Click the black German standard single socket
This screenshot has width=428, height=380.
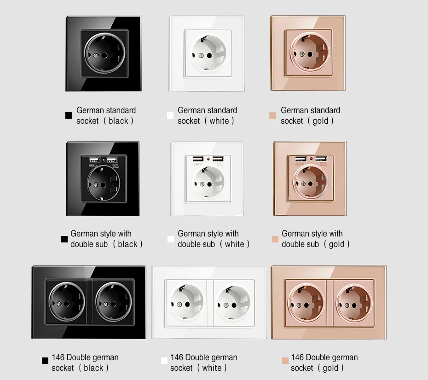[104, 53]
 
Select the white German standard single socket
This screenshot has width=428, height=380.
[207, 53]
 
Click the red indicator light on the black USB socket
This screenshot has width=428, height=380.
[104, 160]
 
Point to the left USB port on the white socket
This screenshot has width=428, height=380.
[198, 159]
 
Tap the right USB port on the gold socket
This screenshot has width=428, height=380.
[321, 159]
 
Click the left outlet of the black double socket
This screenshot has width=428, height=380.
[67, 302]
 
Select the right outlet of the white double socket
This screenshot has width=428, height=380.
[233, 302]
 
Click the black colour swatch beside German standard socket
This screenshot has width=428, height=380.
[69, 115]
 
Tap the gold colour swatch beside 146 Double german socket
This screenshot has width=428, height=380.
[285, 361]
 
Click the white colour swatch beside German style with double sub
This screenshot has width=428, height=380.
[171, 239]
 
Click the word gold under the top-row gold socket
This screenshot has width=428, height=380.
[320, 121]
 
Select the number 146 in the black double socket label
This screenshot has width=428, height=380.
[58, 357]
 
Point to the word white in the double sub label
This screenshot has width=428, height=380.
[234, 244]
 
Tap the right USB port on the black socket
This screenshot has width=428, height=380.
[112, 160]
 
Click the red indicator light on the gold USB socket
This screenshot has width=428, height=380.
[311, 159]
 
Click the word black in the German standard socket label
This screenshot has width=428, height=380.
[118, 121]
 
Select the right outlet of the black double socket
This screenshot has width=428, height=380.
[114, 302]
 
